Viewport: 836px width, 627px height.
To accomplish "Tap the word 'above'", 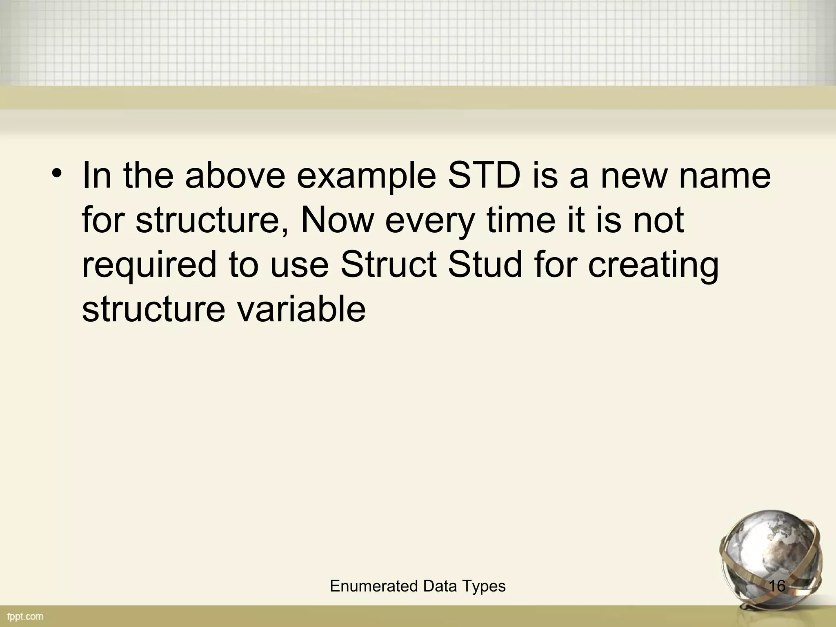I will click(x=235, y=176).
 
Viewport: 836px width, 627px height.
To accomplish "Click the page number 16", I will click(x=777, y=586).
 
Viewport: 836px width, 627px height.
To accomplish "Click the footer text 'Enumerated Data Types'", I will click(x=418, y=586).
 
